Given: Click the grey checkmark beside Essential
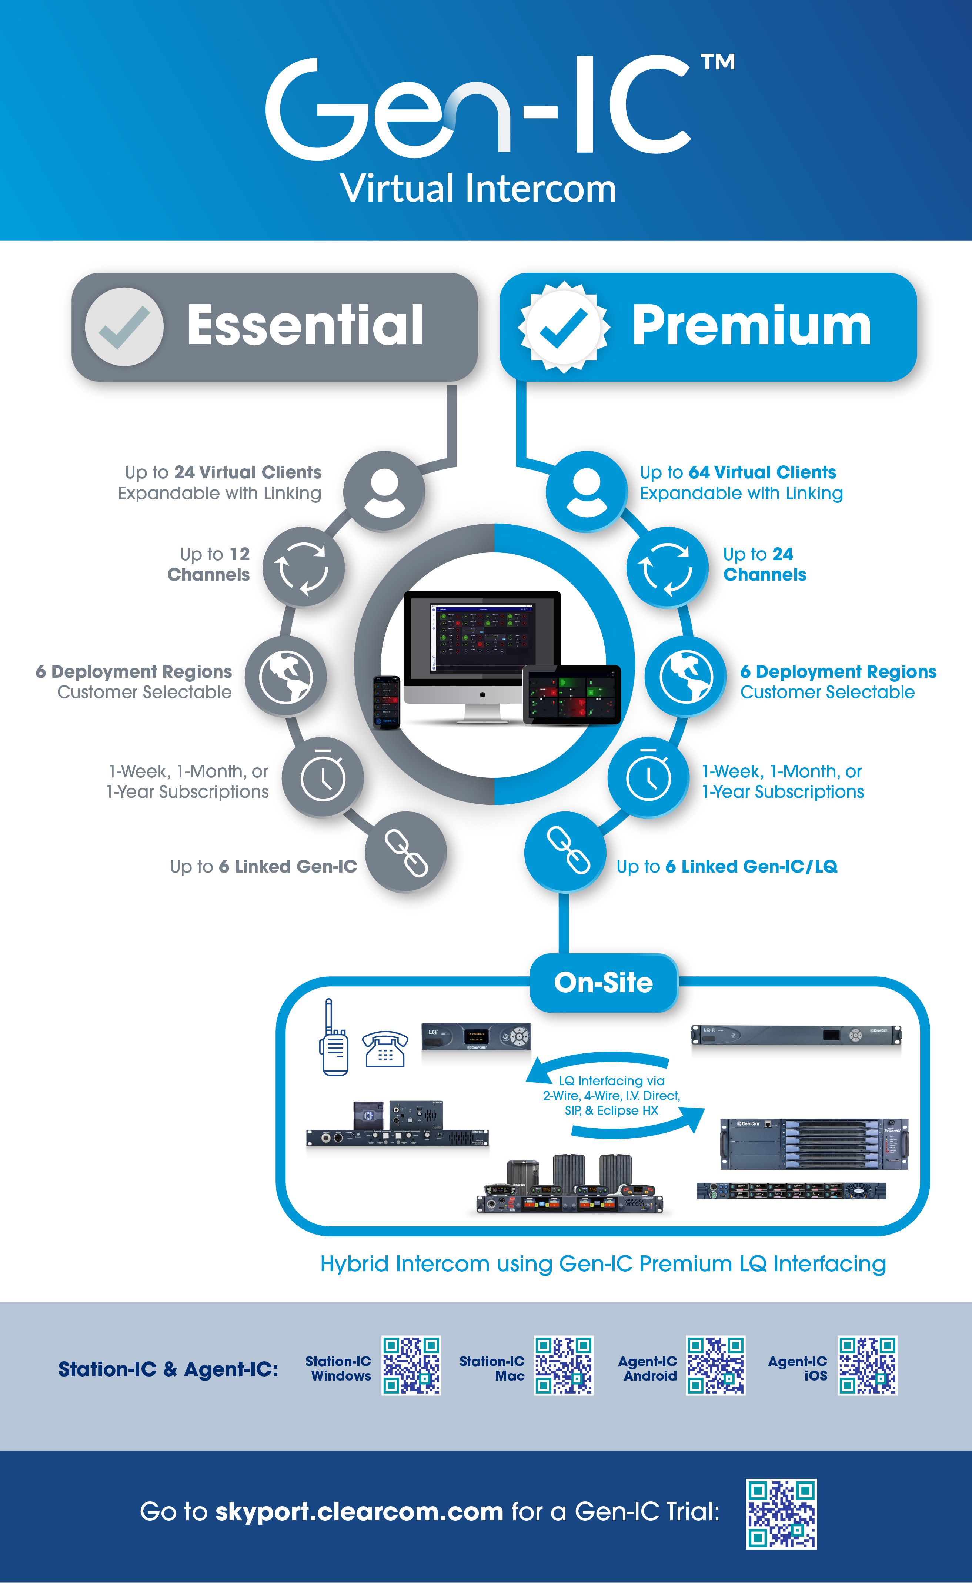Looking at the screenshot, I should (124, 327).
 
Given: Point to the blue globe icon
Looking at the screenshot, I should (686, 677).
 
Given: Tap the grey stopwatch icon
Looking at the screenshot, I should (323, 777).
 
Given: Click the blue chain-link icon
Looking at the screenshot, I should (565, 851).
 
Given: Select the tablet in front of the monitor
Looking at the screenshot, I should (571, 695).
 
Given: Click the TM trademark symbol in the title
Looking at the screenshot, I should (718, 62).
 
